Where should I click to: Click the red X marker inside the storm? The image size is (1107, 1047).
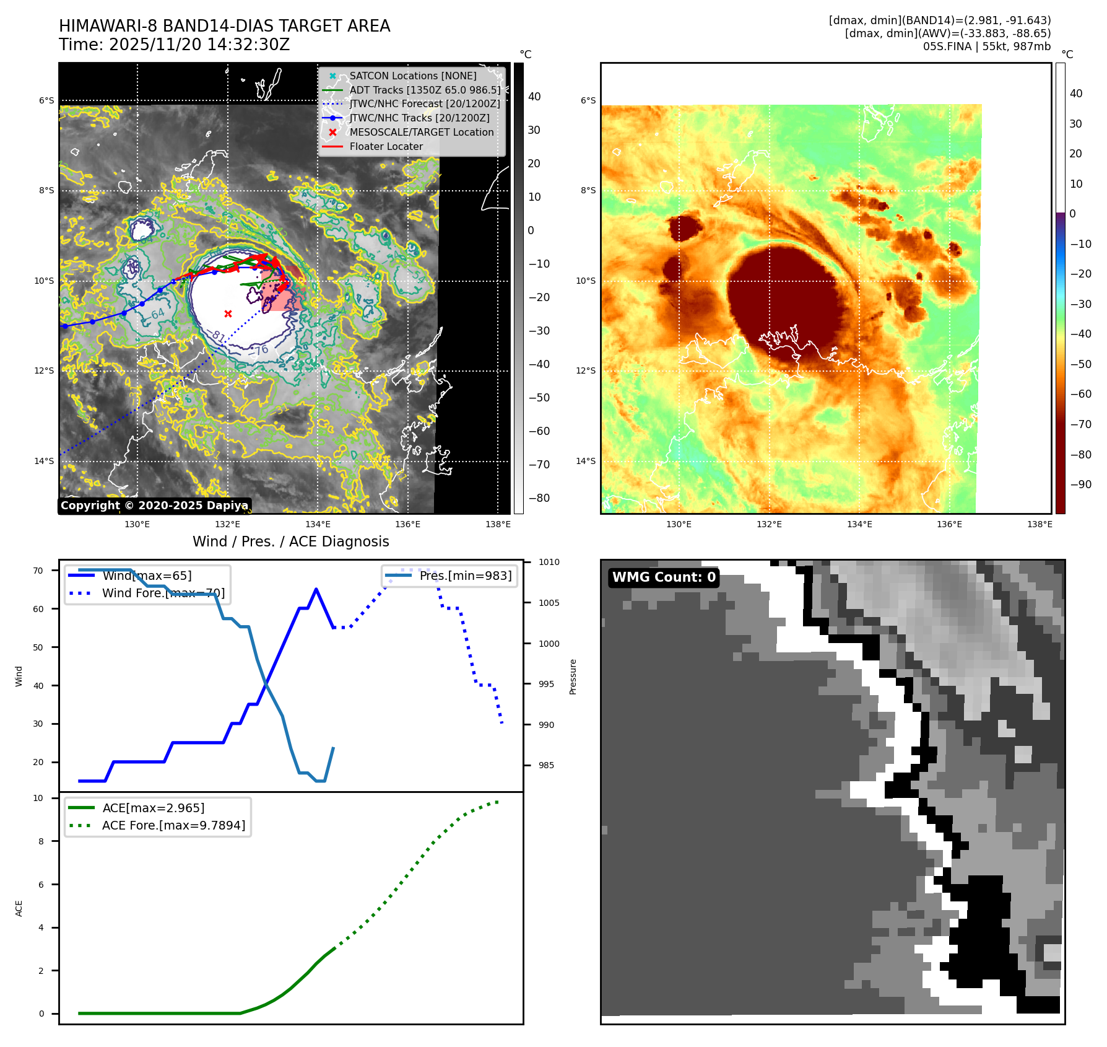tap(228, 313)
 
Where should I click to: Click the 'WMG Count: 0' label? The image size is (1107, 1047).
tap(664, 577)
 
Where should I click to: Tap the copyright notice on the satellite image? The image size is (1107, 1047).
tap(154, 506)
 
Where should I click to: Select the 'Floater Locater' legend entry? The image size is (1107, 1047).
tap(386, 147)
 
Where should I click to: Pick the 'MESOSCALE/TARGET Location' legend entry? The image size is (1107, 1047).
tap(421, 133)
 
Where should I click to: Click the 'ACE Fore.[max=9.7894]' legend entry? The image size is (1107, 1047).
tap(173, 825)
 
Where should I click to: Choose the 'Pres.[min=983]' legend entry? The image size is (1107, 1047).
tap(465, 576)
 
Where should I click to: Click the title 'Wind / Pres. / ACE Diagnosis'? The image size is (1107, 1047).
tap(291, 541)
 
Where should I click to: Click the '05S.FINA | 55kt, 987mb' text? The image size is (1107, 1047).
tap(986, 46)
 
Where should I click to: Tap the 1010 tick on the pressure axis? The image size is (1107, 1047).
tap(549, 563)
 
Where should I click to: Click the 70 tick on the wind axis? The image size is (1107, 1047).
tap(38, 571)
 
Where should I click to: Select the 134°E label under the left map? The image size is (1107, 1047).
tap(318, 524)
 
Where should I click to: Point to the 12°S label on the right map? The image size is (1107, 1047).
tap(586, 370)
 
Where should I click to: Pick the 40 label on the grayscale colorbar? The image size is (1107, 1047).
tap(534, 97)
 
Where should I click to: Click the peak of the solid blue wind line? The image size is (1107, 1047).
tap(316, 589)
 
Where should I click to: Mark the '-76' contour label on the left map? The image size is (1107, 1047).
tap(262, 350)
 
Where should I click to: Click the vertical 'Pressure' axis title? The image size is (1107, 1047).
tap(573, 677)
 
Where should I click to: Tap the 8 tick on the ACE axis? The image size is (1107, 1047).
tap(41, 841)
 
